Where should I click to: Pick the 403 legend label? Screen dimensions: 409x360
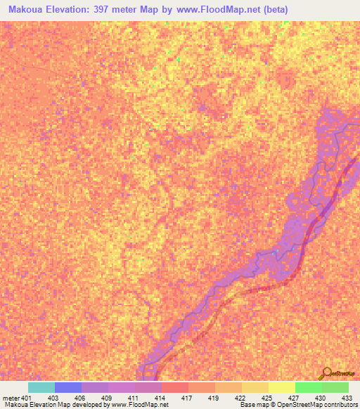tap(54, 397)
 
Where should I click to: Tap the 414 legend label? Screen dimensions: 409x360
tap(161, 397)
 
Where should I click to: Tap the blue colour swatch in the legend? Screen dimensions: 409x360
tap(67, 387)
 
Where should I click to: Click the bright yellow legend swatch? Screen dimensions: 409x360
tap(281, 387)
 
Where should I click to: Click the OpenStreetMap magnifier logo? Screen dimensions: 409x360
tap(326, 373)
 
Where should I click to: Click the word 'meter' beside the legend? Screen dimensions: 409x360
tap(11, 397)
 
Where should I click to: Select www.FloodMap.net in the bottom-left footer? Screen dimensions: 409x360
tap(139, 405)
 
